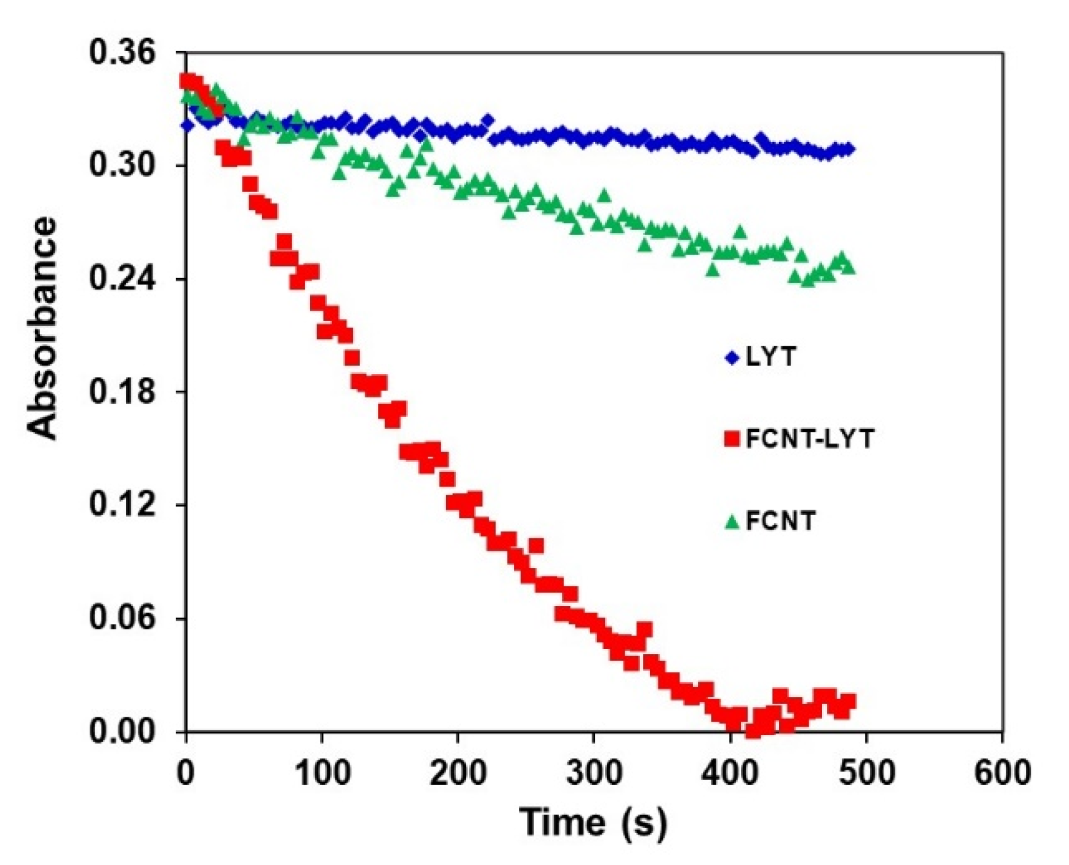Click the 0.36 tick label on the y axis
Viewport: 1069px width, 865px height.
click(122, 52)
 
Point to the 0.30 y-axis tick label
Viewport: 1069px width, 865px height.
click(122, 165)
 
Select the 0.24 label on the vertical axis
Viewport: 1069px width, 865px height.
click(122, 279)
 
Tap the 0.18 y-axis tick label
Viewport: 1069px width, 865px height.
click(122, 392)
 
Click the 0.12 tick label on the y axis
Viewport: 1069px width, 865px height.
click(122, 505)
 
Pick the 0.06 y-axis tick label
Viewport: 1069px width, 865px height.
click(122, 618)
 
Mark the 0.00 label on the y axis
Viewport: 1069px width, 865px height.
click(122, 732)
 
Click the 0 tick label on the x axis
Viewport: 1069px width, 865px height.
click(185, 772)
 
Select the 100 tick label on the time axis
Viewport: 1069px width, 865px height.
click(321, 772)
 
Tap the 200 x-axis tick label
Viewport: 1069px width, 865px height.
click(457, 772)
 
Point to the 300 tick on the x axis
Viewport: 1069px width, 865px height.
click(594, 772)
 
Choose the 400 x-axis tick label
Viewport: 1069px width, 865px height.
click(730, 772)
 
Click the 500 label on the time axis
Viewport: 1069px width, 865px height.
click(866, 772)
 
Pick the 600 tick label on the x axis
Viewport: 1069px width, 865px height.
click(1002, 772)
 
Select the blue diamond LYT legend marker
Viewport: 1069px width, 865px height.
click(732, 357)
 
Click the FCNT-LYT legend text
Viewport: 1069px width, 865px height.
click(809, 439)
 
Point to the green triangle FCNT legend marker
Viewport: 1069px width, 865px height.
click(732, 522)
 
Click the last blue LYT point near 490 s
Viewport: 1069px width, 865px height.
click(849, 149)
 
